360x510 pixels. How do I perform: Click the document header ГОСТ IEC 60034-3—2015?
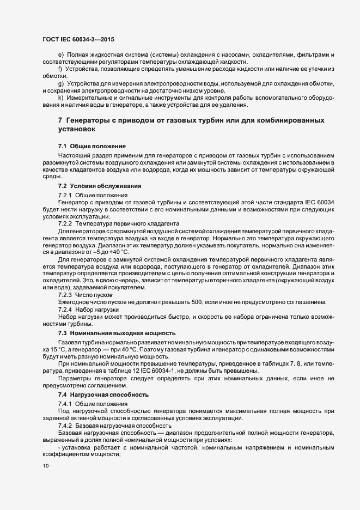[x=78, y=39]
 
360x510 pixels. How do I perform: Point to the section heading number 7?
[x=60, y=120]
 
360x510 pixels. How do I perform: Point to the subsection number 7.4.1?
[x=65, y=402]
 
